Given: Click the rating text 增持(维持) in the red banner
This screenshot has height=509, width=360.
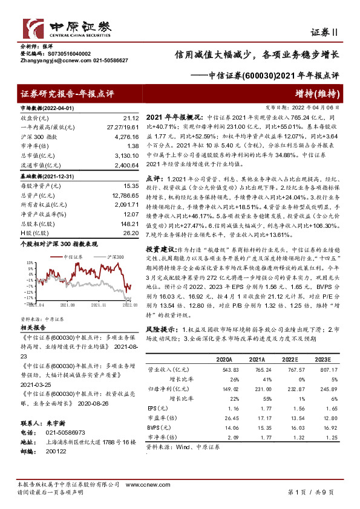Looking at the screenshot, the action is pos(320,94).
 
